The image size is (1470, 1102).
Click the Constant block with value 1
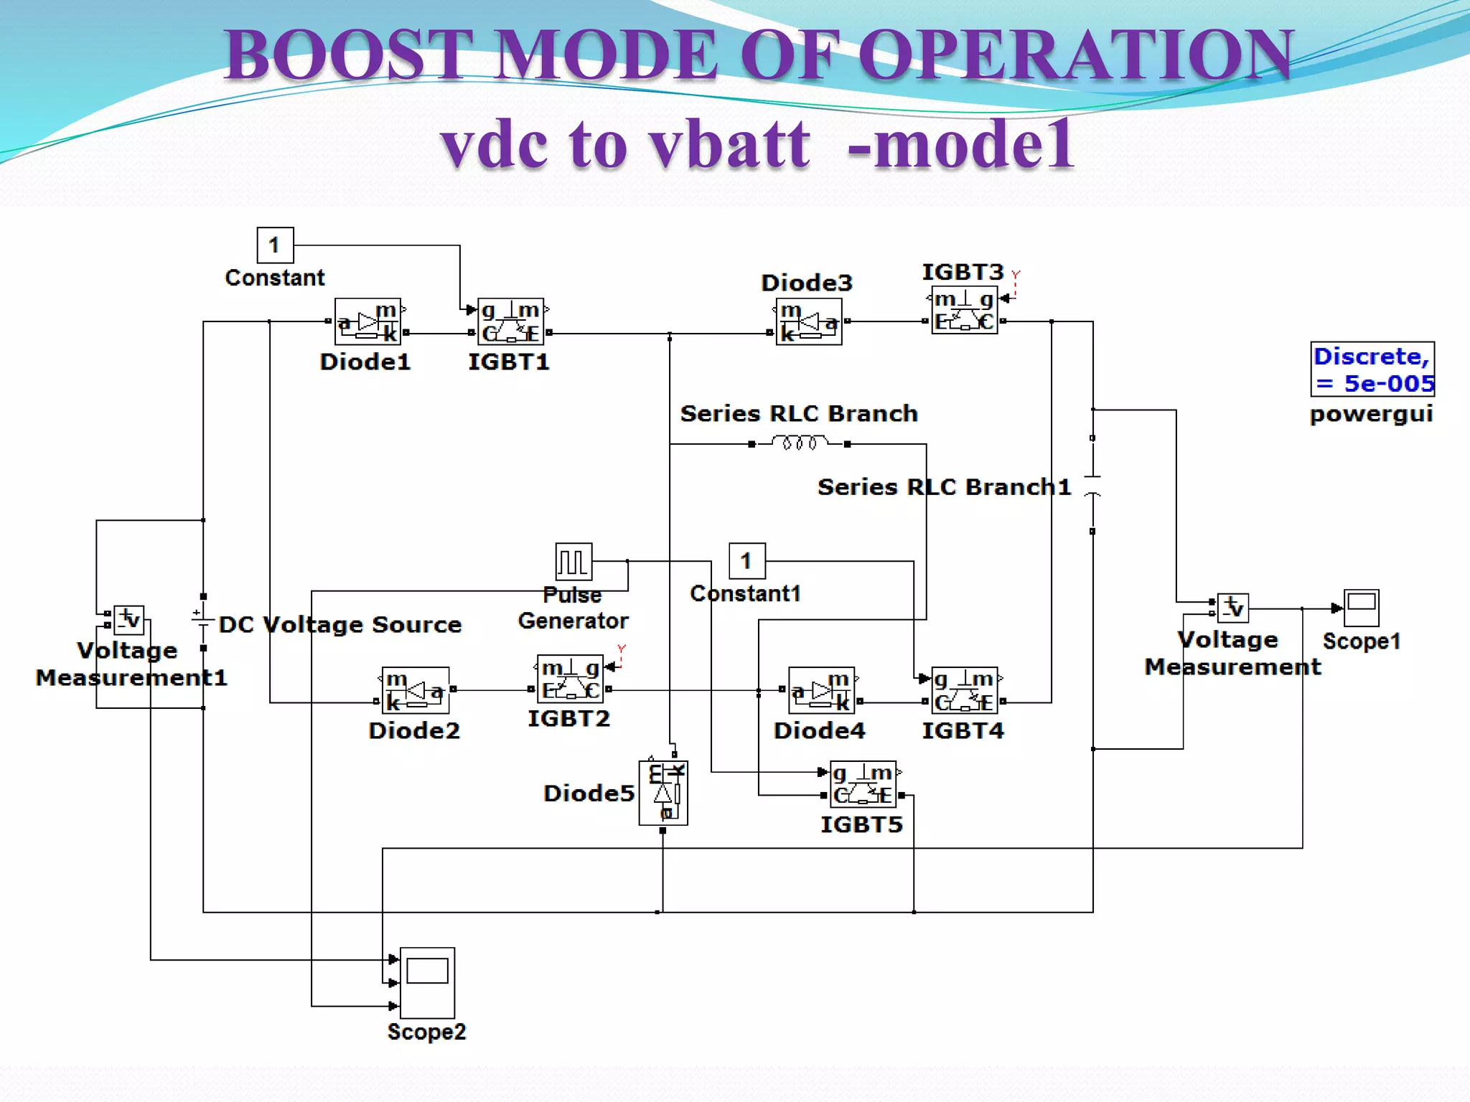pos(275,245)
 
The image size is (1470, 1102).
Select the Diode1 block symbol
pos(367,321)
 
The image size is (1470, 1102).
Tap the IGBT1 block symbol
pos(510,321)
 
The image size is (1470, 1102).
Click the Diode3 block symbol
pos(809,321)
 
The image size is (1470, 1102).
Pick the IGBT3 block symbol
pos(964,310)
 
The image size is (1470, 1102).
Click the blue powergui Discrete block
pos(1372,369)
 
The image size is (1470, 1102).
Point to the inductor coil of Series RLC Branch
pos(799,443)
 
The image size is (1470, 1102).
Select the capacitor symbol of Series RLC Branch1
pos(1092,485)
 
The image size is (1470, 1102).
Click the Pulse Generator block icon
pos(574,562)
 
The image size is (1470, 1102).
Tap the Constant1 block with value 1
pos(746,561)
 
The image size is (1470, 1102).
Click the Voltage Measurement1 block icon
pos(129,620)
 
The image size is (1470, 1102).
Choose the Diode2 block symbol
pos(416,690)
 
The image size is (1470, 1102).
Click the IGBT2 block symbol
pos(570,679)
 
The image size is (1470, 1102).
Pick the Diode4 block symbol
pos(821,690)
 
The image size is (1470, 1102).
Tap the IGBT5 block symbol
pos(862,784)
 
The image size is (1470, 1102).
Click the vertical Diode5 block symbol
pos(663,793)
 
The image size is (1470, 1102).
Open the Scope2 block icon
pos(427,982)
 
